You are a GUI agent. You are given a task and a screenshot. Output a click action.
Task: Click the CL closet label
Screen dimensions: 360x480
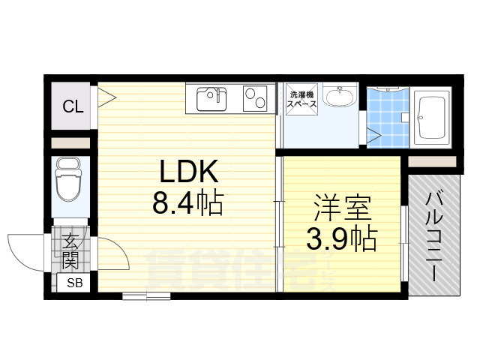coord(73,106)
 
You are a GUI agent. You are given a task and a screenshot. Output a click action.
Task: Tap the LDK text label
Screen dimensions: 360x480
coord(187,174)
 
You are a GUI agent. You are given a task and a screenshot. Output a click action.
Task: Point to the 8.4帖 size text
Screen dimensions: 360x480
coord(187,202)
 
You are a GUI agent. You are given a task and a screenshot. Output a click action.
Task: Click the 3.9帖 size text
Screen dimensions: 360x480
coord(341,238)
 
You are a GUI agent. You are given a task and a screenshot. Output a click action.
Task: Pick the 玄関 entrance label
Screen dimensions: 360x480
coord(72,250)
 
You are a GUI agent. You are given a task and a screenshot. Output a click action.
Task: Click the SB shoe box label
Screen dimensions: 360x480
coord(75,283)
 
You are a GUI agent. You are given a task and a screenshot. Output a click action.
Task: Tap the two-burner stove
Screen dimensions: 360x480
coord(256,98)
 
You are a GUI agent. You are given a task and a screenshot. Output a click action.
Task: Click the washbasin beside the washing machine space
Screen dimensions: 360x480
coord(344,98)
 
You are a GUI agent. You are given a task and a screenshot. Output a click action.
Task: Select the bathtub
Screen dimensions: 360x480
coord(431,118)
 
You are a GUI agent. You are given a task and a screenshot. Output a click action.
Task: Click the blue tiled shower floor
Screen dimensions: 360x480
coord(386,118)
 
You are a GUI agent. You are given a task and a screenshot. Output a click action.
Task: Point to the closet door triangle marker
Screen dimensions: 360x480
coord(106,96)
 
